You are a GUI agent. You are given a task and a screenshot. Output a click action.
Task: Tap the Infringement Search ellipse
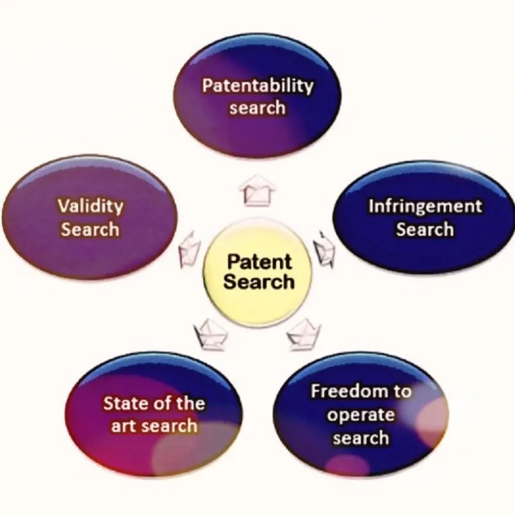coord(424,218)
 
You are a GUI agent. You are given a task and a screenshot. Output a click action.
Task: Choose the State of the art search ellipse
coord(154,413)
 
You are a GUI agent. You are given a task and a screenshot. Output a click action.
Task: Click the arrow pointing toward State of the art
coord(209,332)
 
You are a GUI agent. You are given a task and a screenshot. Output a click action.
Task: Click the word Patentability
coord(257,85)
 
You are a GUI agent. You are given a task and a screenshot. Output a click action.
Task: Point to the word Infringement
coord(425,207)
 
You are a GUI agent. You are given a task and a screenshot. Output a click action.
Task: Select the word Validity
coord(90,206)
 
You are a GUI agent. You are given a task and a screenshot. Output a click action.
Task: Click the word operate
coord(361,414)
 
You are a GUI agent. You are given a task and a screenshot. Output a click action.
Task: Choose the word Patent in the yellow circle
coord(259,261)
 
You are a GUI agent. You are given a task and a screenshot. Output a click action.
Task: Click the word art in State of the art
coord(122,425)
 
